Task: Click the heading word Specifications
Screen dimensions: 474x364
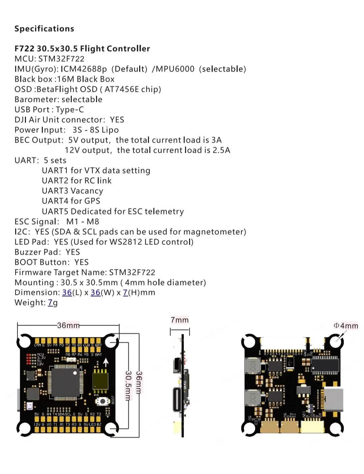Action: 44,29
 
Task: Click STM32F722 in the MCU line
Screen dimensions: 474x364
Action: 61,59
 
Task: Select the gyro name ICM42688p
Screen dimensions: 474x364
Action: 84,69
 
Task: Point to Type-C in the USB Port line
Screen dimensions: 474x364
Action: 70,110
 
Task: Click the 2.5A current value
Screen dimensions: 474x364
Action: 221,150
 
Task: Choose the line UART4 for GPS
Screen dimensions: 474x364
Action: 71,201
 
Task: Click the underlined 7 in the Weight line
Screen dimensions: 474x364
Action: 50,303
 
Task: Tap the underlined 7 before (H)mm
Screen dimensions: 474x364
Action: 125,293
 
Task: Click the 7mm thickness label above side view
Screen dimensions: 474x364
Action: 180,320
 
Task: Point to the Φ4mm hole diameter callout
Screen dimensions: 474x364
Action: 346,326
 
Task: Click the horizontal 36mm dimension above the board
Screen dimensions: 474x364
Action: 68,325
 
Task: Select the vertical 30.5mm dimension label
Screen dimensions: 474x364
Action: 128,385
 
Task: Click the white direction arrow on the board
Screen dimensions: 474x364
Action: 106,362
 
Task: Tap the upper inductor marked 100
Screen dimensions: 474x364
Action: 251,366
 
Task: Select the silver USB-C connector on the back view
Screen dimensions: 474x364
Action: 333,400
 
